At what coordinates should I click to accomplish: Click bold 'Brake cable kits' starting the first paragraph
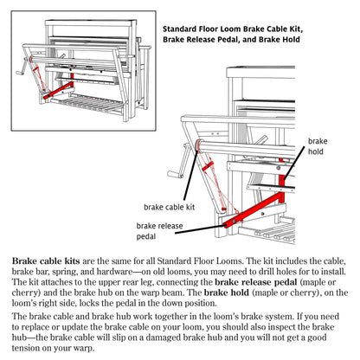[x=45, y=260]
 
